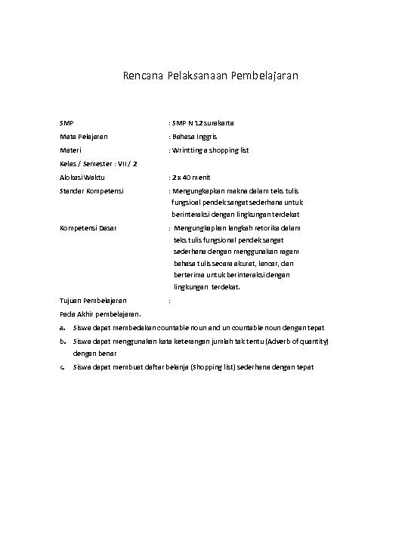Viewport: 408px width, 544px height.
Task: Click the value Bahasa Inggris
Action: point(195,137)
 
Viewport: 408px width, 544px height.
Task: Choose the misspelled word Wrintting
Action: point(188,150)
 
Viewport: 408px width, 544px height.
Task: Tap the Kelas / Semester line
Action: point(98,163)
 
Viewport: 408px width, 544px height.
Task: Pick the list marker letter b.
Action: point(62,342)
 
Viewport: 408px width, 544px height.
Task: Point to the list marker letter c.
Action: point(62,367)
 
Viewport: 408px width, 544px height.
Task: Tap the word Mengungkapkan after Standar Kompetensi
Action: point(199,191)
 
